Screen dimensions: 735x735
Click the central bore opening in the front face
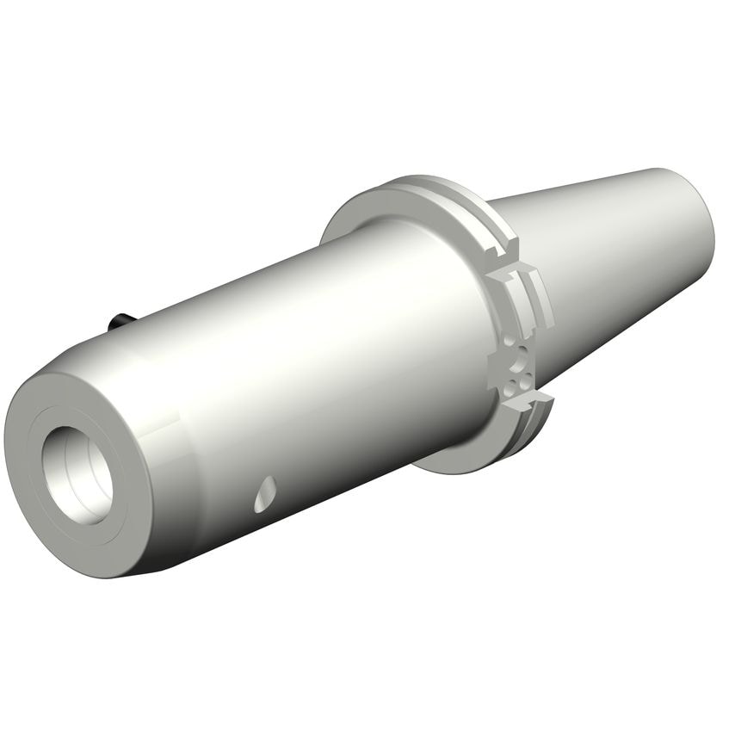coord(79,472)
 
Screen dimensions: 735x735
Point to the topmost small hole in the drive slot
coord(515,343)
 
